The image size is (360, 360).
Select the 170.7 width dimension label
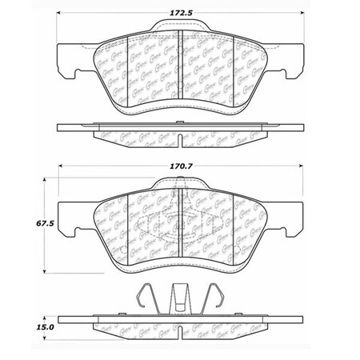[x=180, y=169]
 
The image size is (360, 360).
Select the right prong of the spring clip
[x=218, y=300]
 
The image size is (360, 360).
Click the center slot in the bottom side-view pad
[x=180, y=334]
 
